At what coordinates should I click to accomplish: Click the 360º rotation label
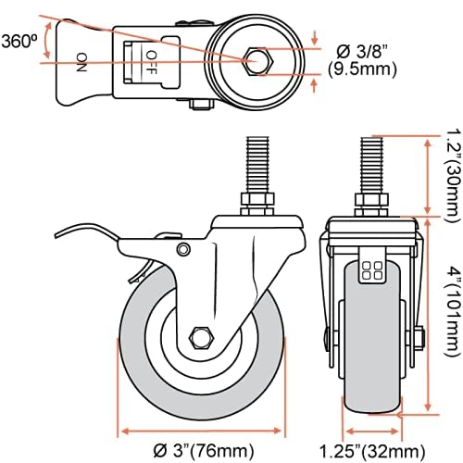click(x=19, y=43)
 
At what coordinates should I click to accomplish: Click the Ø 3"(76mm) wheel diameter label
click(x=202, y=449)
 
